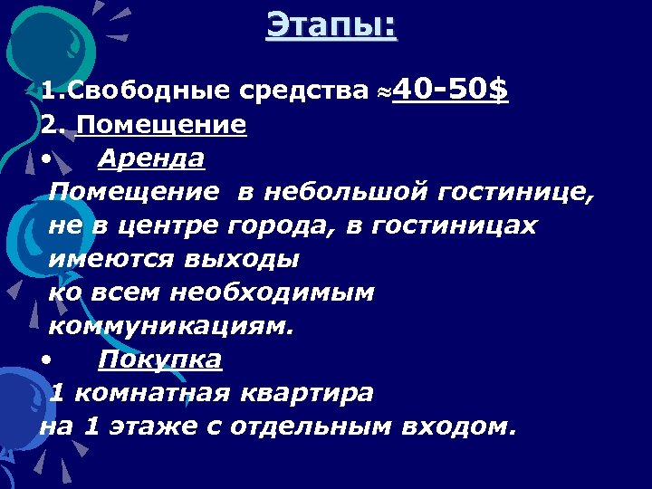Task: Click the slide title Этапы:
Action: coord(331,24)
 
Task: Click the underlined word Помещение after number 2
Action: coord(161,124)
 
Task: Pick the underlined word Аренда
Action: coord(151,158)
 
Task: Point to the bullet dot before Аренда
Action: coord(46,159)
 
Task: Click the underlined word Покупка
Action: coord(159,360)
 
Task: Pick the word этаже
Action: coord(146,427)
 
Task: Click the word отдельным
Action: coord(302,427)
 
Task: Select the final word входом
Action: coord(463,427)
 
